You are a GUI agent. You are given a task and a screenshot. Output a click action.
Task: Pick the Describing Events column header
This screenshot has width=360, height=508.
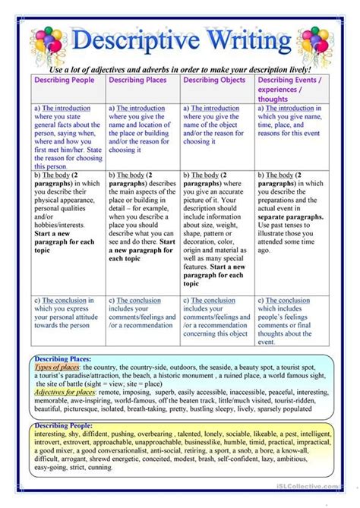(292, 88)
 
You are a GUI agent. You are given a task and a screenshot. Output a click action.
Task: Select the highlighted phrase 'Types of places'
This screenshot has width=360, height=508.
(58, 367)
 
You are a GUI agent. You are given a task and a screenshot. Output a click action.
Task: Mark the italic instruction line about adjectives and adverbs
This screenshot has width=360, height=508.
(181, 69)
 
